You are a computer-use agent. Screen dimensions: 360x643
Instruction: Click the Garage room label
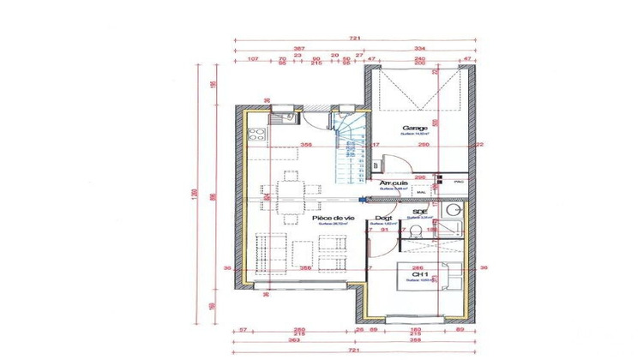(x=415, y=127)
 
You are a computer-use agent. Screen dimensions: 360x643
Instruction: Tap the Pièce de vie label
(x=333, y=219)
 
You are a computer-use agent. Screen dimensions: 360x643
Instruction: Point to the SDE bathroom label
(x=420, y=211)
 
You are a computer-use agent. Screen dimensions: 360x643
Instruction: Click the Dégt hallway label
(x=384, y=219)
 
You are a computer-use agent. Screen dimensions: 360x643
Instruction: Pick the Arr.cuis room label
(x=394, y=183)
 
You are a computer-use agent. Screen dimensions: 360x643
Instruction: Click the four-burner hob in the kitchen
(x=256, y=132)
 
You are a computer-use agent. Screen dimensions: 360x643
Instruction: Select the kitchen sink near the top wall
(x=285, y=118)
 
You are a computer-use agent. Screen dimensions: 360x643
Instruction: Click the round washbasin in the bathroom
(x=454, y=211)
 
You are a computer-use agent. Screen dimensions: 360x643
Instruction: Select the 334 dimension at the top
(x=420, y=49)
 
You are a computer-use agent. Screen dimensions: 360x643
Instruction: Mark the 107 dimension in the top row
(x=253, y=59)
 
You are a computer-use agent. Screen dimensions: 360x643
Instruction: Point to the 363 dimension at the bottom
(x=292, y=341)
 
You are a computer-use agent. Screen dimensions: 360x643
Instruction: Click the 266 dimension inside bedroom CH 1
(x=416, y=267)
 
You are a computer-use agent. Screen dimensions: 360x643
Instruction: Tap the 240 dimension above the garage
(x=419, y=59)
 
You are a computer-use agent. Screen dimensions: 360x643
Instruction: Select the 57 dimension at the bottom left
(x=244, y=328)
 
